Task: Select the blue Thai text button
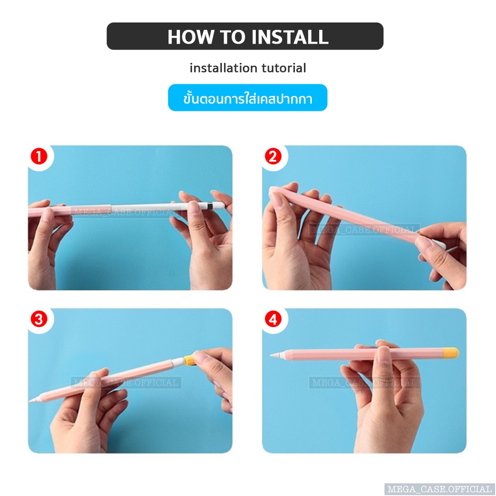point(248,98)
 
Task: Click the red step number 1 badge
point(39,156)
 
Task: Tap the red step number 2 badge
point(273,156)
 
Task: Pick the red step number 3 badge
point(39,319)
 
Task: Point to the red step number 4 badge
point(273,319)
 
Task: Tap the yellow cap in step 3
point(189,359)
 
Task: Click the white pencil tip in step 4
point(276,355)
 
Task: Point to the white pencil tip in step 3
point(34,400)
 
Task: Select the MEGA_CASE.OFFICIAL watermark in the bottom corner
point(439,489)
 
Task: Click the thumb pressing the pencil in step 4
point(384,354)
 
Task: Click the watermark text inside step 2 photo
point(364,229)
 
